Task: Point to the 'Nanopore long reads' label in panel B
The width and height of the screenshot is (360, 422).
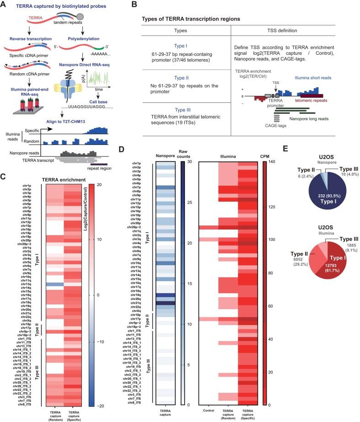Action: (311, 119)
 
